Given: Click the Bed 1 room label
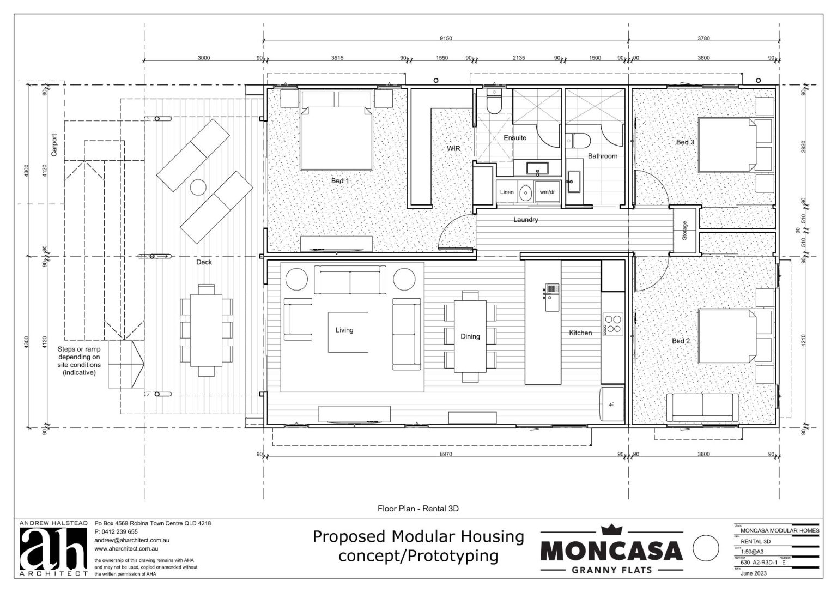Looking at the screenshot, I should [x=340, y=180].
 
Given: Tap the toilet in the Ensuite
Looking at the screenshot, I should [x=494, y=102].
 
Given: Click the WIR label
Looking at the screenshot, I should [x=454, y=148].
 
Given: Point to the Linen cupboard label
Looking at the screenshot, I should [x=507, y=192].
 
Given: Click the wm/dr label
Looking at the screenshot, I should [x=547, y=192].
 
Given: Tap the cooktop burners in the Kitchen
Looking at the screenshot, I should [x=612, y=324].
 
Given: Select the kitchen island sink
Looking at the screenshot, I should [x=552, y=288].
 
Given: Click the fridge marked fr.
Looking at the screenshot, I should [x=612, y=404].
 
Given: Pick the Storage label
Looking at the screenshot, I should [x=684, y=230].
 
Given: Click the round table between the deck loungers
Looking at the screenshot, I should [x=197, y=188].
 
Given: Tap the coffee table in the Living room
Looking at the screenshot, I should [x=347, y=331].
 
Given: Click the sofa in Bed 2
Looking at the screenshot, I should [x=702, y=407].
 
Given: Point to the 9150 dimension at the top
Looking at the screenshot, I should [x=446, y=38].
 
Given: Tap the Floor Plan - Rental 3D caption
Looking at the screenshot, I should [x=418, y=509].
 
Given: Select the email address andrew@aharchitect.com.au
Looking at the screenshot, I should [x=133, y=540].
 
